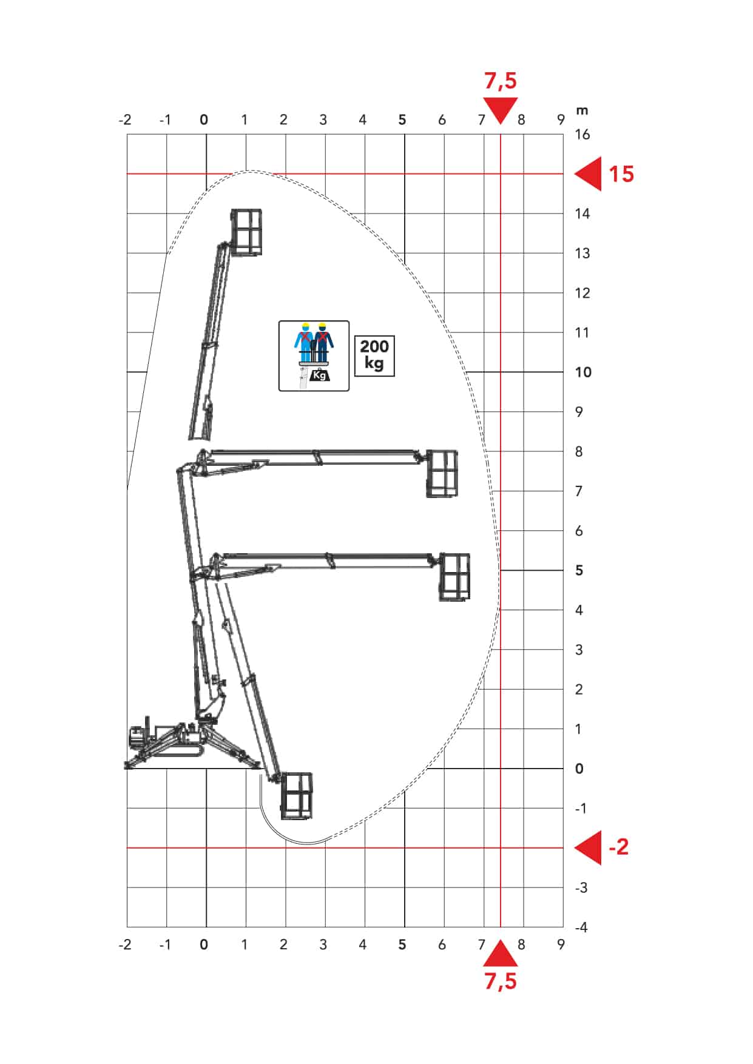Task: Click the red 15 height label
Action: (621, 174)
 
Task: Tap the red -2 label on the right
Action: (619, 847)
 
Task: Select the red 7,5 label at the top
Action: (501, 81)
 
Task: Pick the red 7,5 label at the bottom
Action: (501, 981)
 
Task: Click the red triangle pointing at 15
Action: (589, 174)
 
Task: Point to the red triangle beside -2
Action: (589, 847)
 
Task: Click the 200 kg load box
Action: (374, 355)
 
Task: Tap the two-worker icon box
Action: (314, 355)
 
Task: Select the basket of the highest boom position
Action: (246, 232)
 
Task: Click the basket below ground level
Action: (297, 796)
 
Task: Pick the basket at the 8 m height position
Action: (442, 474)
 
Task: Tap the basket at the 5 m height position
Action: (454, 577)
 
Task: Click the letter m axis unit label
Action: (582, 110)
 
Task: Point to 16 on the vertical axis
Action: (582, 135)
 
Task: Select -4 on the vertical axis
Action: (581, 927)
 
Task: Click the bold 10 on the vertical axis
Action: (582, 372)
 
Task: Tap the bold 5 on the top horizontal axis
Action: (402, 120)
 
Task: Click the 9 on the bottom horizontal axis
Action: (561, 944)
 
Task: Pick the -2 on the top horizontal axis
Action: (125, 120)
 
